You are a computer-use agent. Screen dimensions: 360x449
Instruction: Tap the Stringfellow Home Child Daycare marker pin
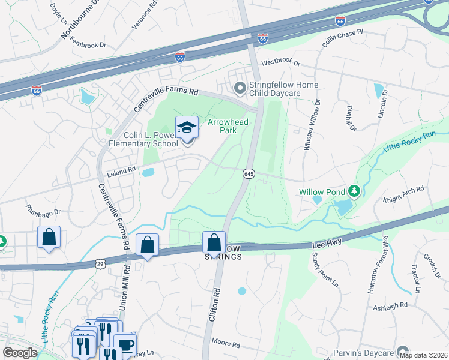point(240,89)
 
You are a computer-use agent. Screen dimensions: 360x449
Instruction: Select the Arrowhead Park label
point(228,126)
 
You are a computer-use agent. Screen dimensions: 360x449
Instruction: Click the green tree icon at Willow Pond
point(354,191)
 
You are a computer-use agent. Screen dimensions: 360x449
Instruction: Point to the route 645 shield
point(249,173)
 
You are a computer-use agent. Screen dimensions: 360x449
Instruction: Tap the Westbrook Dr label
point(280,63)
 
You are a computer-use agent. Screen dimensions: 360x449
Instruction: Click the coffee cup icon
point(125,344)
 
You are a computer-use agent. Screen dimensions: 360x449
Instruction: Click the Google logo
point(20,353)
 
